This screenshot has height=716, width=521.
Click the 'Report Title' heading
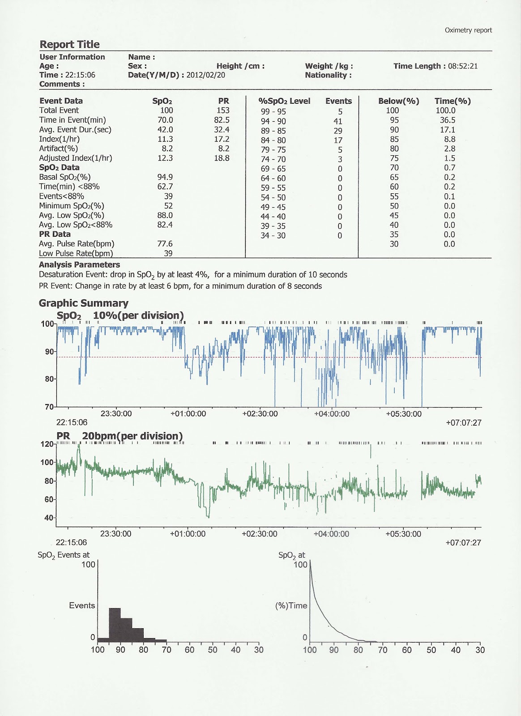pyautogui.click(x=69, y=44)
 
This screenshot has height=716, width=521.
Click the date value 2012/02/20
pyautogui.click(x=205, y=75)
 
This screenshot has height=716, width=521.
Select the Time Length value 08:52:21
pyautogui.click(x=463, y=66)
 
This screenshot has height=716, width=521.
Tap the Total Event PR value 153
pyautogui.click(x=223, y=111)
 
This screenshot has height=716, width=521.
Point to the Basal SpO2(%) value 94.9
pyautogui.click(x=165, y=177)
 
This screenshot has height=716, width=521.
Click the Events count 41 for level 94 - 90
pyautogui.click(x=338, y=121)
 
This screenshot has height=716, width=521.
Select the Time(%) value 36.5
pyautogui.click(x=447, y=120)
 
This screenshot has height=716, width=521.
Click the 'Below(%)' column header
pyautogui.click(x=398, y=101)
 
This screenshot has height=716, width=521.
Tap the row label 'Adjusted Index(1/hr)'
pyautogui.click(x=75, y=158)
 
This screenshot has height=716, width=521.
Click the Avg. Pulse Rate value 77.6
pyautogui.click(x=165, y=244)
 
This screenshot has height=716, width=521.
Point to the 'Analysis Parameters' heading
pyautogui.click(x=79, y=265)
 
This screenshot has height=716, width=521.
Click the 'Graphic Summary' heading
pyautogui.click(x=83, y=303)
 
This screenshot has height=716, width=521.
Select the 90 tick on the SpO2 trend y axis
pyautogui.click(x=49, y=352)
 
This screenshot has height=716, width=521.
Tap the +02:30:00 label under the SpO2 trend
pyautogui.click(x=260, y=414)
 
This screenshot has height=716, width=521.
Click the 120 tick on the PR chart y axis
pyautogui.click(x=47, y=444)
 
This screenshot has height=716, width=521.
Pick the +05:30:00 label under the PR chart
pyautogui.click(x=403, y=534)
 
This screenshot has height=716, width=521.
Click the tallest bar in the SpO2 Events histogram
pyautogui.click(x=115, y=623)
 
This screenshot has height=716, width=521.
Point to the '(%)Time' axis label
pyautogui.click(x=291, y=606)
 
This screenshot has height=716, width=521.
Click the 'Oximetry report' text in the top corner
pyautogui.click(x=468, y=30)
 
